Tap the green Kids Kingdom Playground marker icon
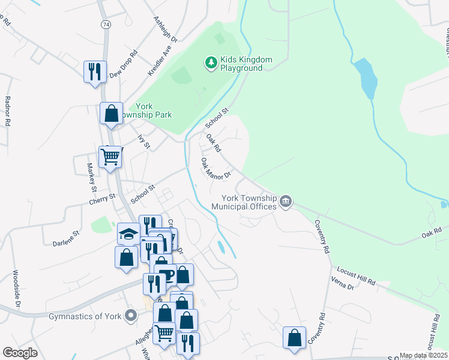[210, 62]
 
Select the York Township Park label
[149, 110]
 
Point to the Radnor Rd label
[8, 111]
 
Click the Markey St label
[92, 174]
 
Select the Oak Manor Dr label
[216, 169]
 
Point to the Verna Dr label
[342, 283]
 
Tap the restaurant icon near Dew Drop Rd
[95, 71]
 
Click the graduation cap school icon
[128, 233]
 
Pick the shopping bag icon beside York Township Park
[112, 113]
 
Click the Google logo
[20, 353]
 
